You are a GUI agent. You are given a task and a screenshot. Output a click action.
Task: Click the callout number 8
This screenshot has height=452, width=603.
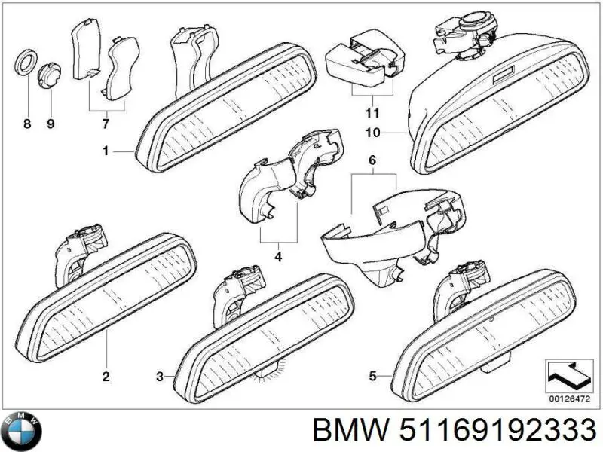[x=27, y=124]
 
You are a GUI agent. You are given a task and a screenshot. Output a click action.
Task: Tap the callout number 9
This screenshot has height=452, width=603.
[x=51, y=124]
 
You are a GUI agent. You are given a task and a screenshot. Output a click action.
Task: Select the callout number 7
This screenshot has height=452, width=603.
[x=105, y=124]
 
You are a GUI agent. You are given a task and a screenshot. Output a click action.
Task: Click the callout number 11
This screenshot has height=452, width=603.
[x=369, y=114]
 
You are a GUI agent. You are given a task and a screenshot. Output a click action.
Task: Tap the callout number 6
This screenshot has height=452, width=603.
[x=372, y=160]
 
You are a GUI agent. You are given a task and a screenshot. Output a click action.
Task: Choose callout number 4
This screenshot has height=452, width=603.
[x=278, y=258]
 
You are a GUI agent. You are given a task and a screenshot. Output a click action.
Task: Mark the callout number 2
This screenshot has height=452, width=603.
[x=106, y=376]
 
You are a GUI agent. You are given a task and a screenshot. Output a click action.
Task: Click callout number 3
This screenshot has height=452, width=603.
[x=159, y=375]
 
